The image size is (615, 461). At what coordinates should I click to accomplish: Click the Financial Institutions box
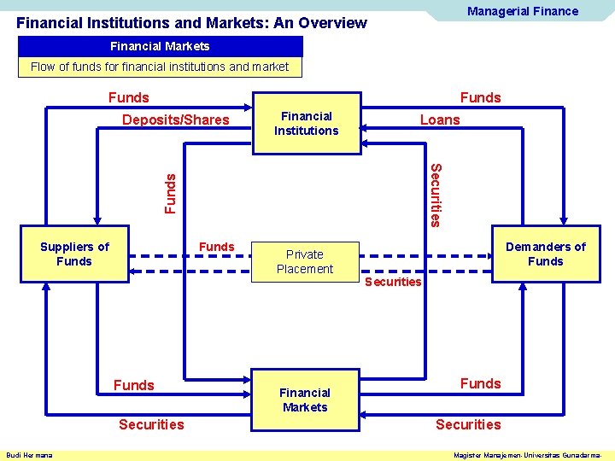tap(306, 124)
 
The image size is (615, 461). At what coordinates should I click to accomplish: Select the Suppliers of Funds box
tap(74, 254)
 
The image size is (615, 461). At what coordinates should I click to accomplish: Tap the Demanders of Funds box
tap(545, 254)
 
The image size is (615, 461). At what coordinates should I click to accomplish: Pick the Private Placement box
tap(305, 261)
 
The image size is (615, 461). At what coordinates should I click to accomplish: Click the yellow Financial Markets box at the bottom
tap(305, 400)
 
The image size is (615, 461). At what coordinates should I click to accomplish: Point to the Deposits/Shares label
tap(176, 120)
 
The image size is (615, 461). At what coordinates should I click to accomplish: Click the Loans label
tap(440, 120)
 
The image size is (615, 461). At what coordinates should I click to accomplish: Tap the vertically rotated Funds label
tap(171, 193)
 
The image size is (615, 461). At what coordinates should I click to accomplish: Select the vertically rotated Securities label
tap(435, 195)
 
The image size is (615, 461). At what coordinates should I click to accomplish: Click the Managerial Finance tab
tap(522, 11)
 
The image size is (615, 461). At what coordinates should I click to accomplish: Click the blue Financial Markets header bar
tap(160, 46)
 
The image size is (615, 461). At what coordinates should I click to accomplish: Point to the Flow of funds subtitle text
tap(160, 67)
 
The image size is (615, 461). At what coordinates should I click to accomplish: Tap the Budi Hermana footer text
tap(29, 455)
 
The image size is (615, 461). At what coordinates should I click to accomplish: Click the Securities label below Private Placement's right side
tap(393, 282)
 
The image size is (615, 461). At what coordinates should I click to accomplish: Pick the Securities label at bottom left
tap(151, 424)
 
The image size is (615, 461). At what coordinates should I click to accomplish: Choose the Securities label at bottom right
tap(468, 424)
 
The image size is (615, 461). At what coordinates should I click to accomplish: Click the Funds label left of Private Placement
tap(216, 247)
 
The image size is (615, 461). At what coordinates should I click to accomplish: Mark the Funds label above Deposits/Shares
tap(128, 97)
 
